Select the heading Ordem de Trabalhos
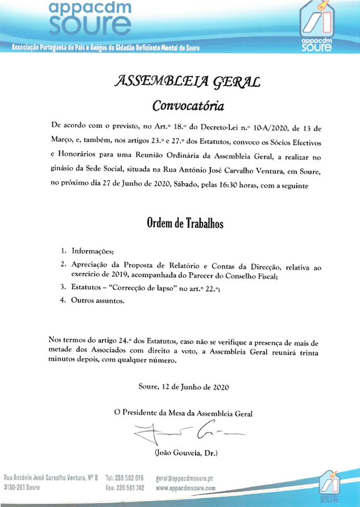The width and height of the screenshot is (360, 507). coord(185,223)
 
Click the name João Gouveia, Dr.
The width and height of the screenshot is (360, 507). coord(186,452)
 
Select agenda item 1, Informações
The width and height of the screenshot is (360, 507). coord(92,251)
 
